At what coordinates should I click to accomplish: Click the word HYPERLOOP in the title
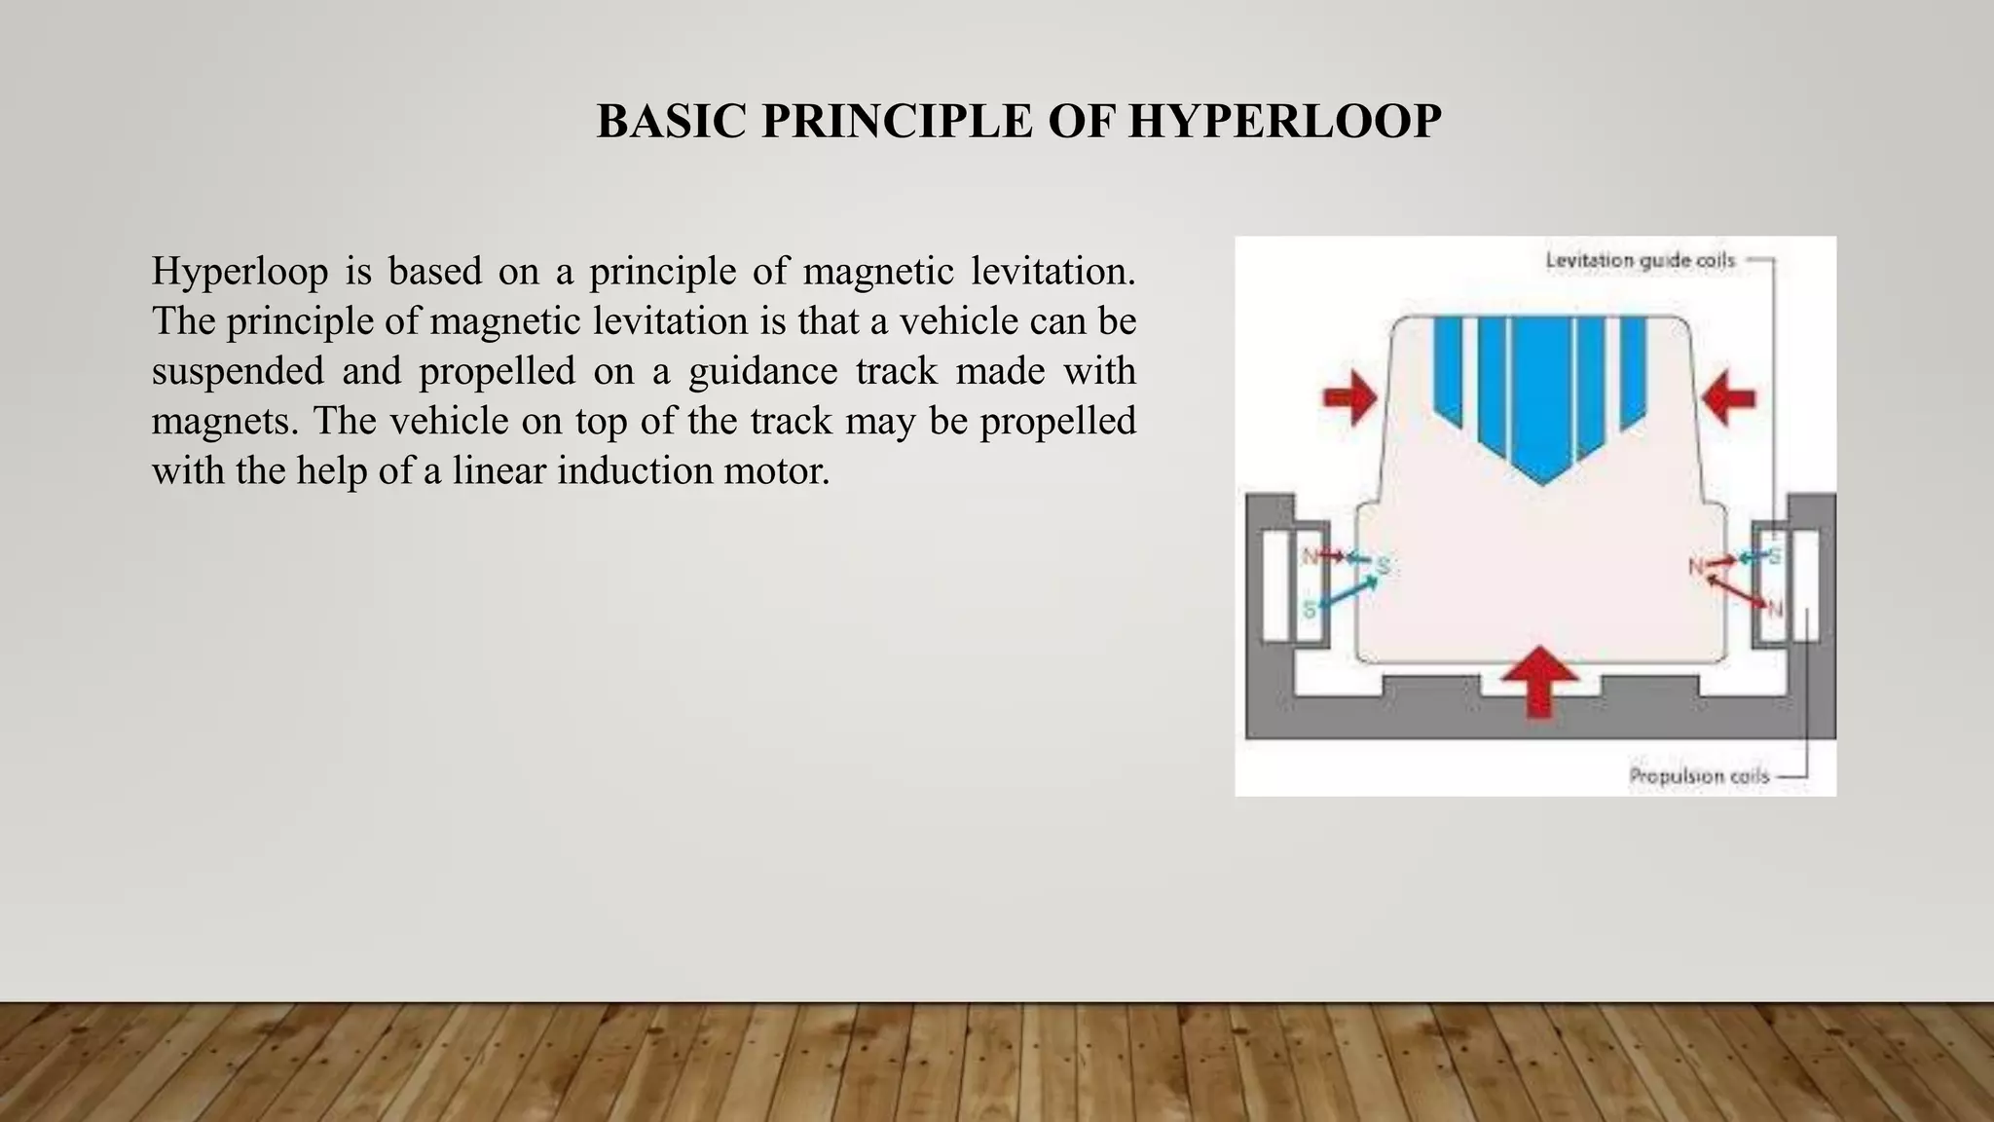click(1284, 122)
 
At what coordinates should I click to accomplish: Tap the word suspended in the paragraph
click(238, 371)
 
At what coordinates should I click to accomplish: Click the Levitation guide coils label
click(1641, 261)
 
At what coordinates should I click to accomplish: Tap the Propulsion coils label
click(1699, 776)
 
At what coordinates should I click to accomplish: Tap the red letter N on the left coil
click(1311, 556)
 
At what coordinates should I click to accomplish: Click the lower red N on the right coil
click(1775, 610)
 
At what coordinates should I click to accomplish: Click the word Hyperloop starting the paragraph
click(240, 272)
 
